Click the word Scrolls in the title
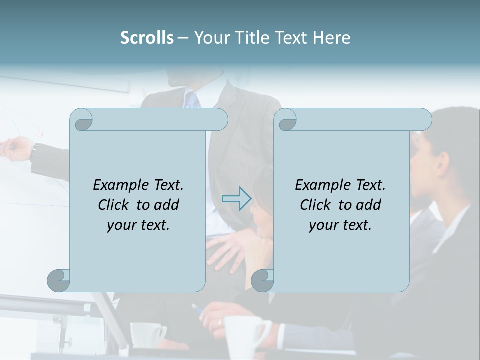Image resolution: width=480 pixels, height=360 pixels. pyautogui.click(x=147, y=38)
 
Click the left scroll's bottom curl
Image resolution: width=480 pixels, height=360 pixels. pyautogui.click(x=59, y=280)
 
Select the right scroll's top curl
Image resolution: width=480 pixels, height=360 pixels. pyautogui.click(x=287, y=120)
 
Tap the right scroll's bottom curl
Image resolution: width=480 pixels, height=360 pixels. pyautogui.click(x=262, y=280)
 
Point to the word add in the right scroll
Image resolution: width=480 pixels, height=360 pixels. pyautogui.click(x=369, y=205)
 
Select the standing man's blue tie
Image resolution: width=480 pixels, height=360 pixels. pyautogui.click(x=192, y=100)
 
